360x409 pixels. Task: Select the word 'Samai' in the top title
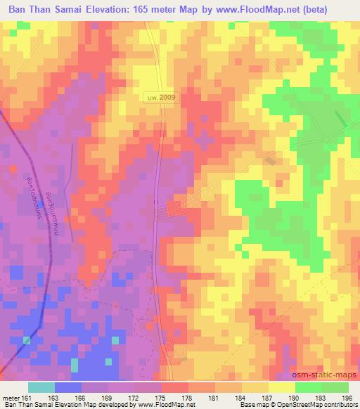click(84, 9)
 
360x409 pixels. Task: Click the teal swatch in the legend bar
click(41, 387)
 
